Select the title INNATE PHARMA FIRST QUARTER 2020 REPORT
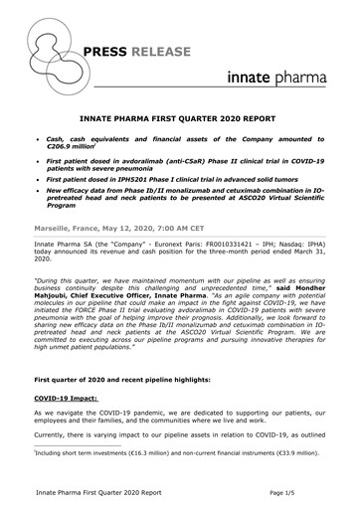[180, 115]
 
